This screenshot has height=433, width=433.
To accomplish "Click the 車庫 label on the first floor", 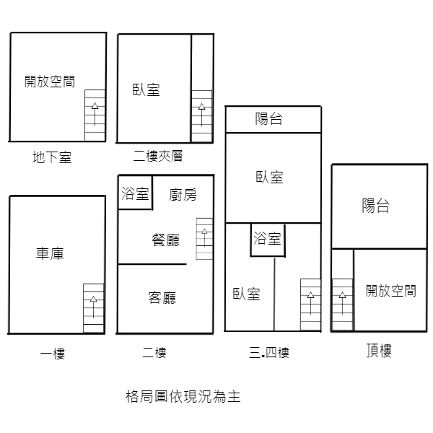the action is pyautogui.click(x=50, y=253).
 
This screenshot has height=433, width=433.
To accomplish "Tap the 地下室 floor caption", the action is pyautogui.click(x=52, y=157).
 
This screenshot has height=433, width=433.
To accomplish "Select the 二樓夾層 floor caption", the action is pyautogui.click(x=158, y=156).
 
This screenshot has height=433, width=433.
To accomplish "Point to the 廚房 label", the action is pyautogui.click(x=183, y=195).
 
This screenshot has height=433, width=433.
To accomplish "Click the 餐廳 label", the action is pyautogui.click(x=166, y=240).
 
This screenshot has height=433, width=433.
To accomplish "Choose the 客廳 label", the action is pyautogui.click(x=162, y=297).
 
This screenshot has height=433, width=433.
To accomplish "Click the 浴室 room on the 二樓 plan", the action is pyautogui.click(x=136, y=193).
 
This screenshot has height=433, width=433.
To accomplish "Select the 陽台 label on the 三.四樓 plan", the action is pyautogui.click(x=268, y=119).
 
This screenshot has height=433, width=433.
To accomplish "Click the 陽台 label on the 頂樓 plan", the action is pyautogui.click(x=376, y=206).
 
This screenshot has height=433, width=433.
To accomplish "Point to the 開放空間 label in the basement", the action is pyautogui.click(x=50, y=82).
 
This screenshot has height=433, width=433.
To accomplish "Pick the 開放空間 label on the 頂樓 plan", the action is pyautogui.click(x=391, y=291).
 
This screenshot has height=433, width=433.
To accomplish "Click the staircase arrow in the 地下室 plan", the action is pyautogui.click(x=95, y=114).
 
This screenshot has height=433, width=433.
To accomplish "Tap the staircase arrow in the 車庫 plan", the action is pyautogui.click(x=94, y=307).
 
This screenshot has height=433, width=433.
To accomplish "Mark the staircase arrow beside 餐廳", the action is pyautogui.click(x=204, y=237).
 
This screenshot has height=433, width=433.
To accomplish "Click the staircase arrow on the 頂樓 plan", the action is pyautogui.click(x=342, y=303).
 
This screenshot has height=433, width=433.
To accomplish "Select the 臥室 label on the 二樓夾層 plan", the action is pyautogui.click(x=146, y=89).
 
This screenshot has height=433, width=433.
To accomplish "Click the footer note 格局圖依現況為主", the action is pyautogui.click(x=183, y=396).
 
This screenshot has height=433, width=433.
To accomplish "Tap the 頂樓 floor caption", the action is pyautogui.click(x=379, y=351).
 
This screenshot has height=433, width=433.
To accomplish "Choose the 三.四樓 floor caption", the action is pyautogui.click(x=269, y=353).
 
